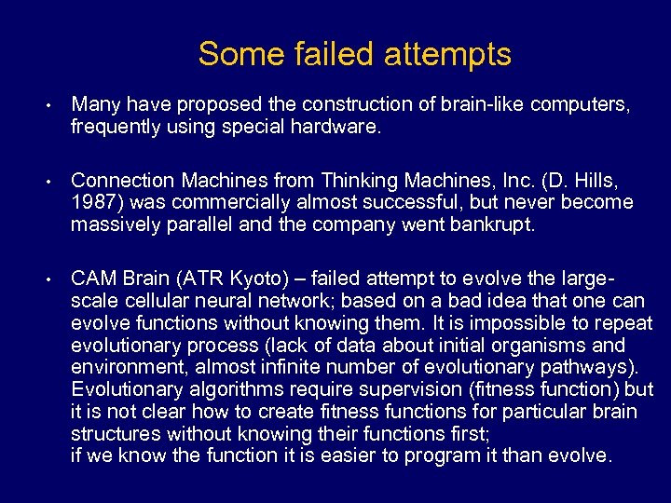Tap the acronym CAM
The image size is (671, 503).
point(93,278)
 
